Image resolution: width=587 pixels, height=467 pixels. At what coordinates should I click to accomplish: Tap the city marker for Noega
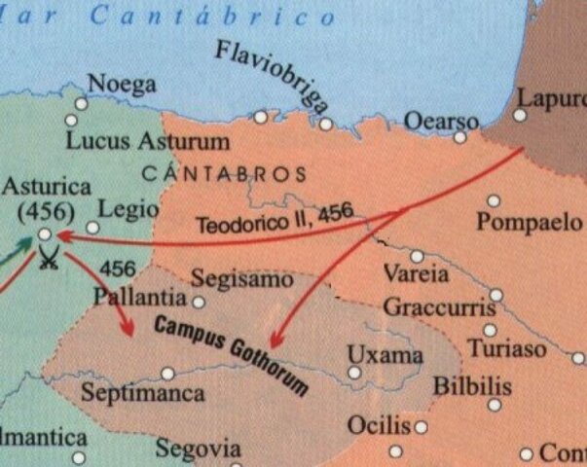pyautogui.click(x=82, y=103)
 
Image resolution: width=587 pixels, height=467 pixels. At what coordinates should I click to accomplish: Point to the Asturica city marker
pyautogui.click(x=44, y=234)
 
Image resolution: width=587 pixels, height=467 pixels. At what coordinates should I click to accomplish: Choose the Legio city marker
pyautogui.click(x=92, y=228)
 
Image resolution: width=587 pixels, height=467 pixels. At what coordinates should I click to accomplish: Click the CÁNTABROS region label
pyautogui.click(x=224, y=174)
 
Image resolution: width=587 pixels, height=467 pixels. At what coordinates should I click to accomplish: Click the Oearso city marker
pyautogui.click(x=459, y=137)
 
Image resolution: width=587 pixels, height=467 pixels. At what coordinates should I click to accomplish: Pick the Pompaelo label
pyautogui.click(x=529, y=223)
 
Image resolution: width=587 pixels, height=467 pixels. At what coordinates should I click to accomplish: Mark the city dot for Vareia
pyautogui.click(x=417, y=257)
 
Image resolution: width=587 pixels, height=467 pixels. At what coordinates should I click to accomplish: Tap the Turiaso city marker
pyautogui.click(x=490, y=330)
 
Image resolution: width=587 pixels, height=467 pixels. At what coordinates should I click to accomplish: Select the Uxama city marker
pyautogui.click(x=354, y=372)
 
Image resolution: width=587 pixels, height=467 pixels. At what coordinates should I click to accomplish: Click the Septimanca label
pyautogui.click(x=143, y=394)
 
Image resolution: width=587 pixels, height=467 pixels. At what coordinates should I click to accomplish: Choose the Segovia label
pyautogui.click(x=198, y=449)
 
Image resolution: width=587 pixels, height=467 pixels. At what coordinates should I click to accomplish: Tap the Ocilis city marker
pyautogui.click(x=421, y=426)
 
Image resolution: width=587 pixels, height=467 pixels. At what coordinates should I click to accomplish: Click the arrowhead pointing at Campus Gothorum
pyautogui.click(x=275, y=341)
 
